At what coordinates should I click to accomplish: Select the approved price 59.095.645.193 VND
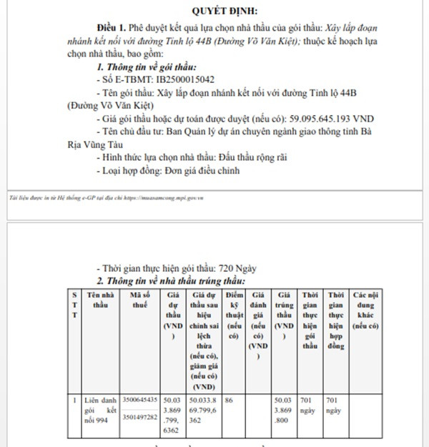point(334,118)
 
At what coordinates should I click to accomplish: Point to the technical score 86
point(230,401)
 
